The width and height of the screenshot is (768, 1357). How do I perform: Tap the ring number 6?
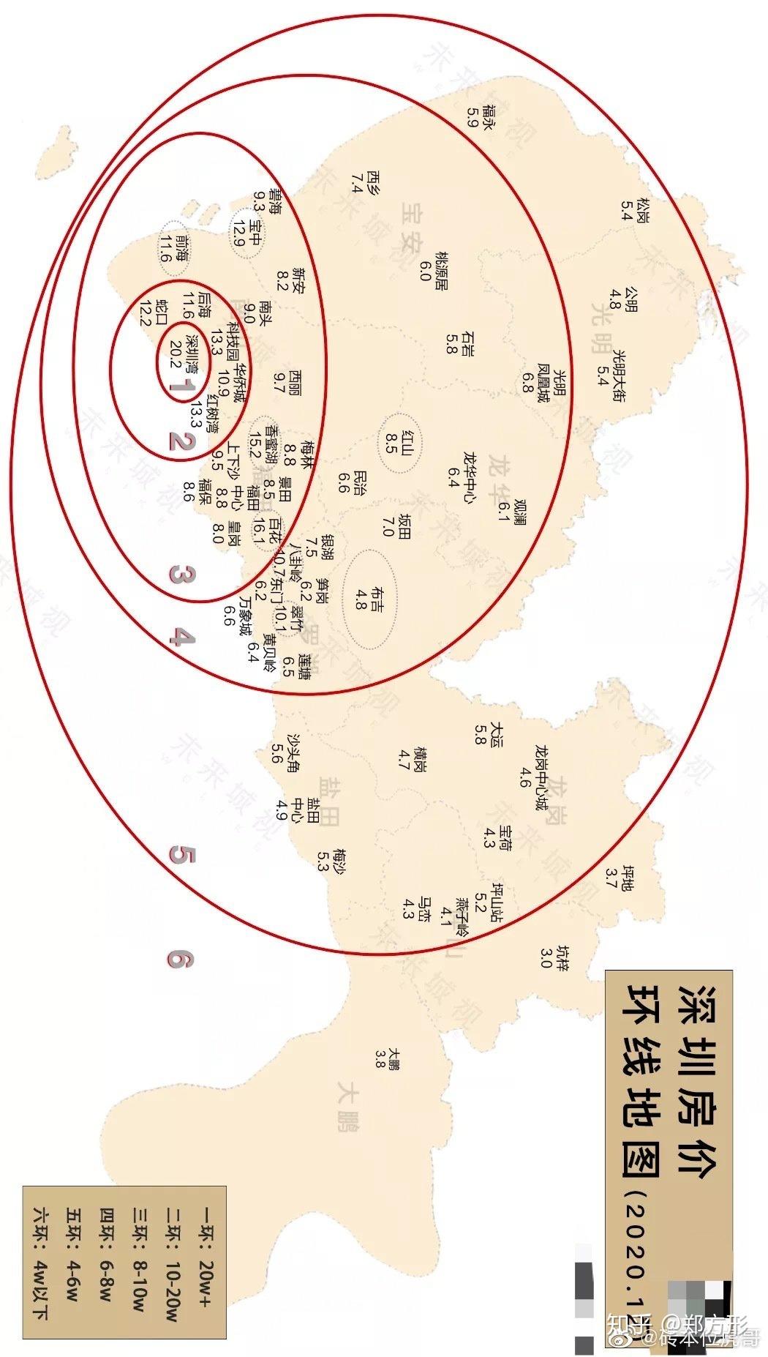[180, 959]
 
